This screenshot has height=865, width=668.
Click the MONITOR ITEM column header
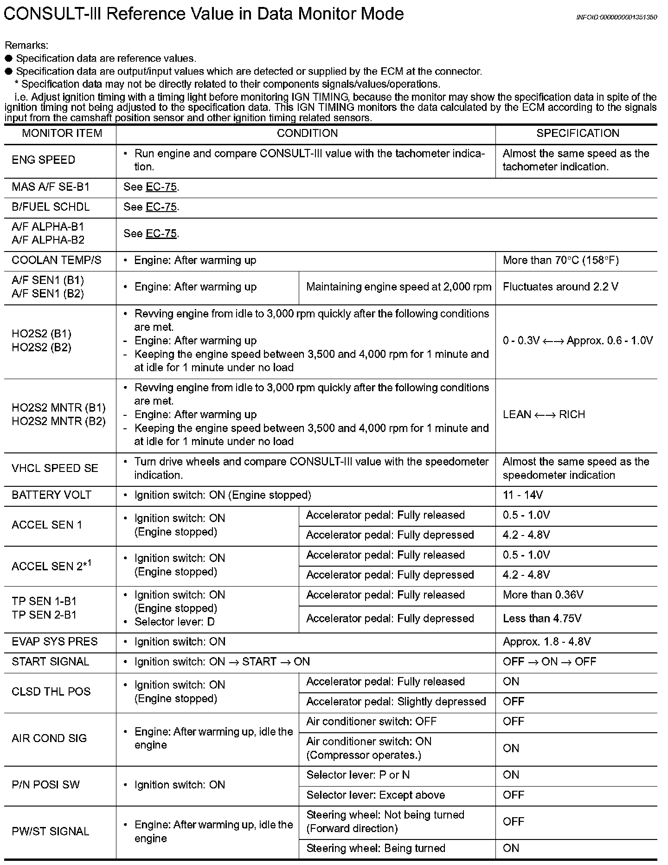62,134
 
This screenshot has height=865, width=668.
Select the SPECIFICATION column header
578,134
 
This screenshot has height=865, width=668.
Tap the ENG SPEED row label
43,160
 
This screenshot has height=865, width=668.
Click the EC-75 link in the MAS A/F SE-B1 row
161,187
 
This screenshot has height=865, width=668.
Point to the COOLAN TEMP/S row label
56,260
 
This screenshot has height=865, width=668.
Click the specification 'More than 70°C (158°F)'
560,260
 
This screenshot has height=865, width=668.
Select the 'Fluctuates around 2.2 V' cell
560,287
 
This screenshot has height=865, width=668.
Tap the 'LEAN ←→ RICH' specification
544,415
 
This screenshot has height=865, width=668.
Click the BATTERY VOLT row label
51,495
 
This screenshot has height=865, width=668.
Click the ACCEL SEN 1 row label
47,525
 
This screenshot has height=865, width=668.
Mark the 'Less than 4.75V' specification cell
542,619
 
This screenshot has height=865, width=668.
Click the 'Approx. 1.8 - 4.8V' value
546,642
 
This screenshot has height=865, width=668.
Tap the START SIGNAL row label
50,662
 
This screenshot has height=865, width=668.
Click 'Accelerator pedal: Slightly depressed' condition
396,702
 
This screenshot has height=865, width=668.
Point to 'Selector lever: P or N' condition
358,775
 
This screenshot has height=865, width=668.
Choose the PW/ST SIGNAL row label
50,831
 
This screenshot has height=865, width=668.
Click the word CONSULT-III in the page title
52,14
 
